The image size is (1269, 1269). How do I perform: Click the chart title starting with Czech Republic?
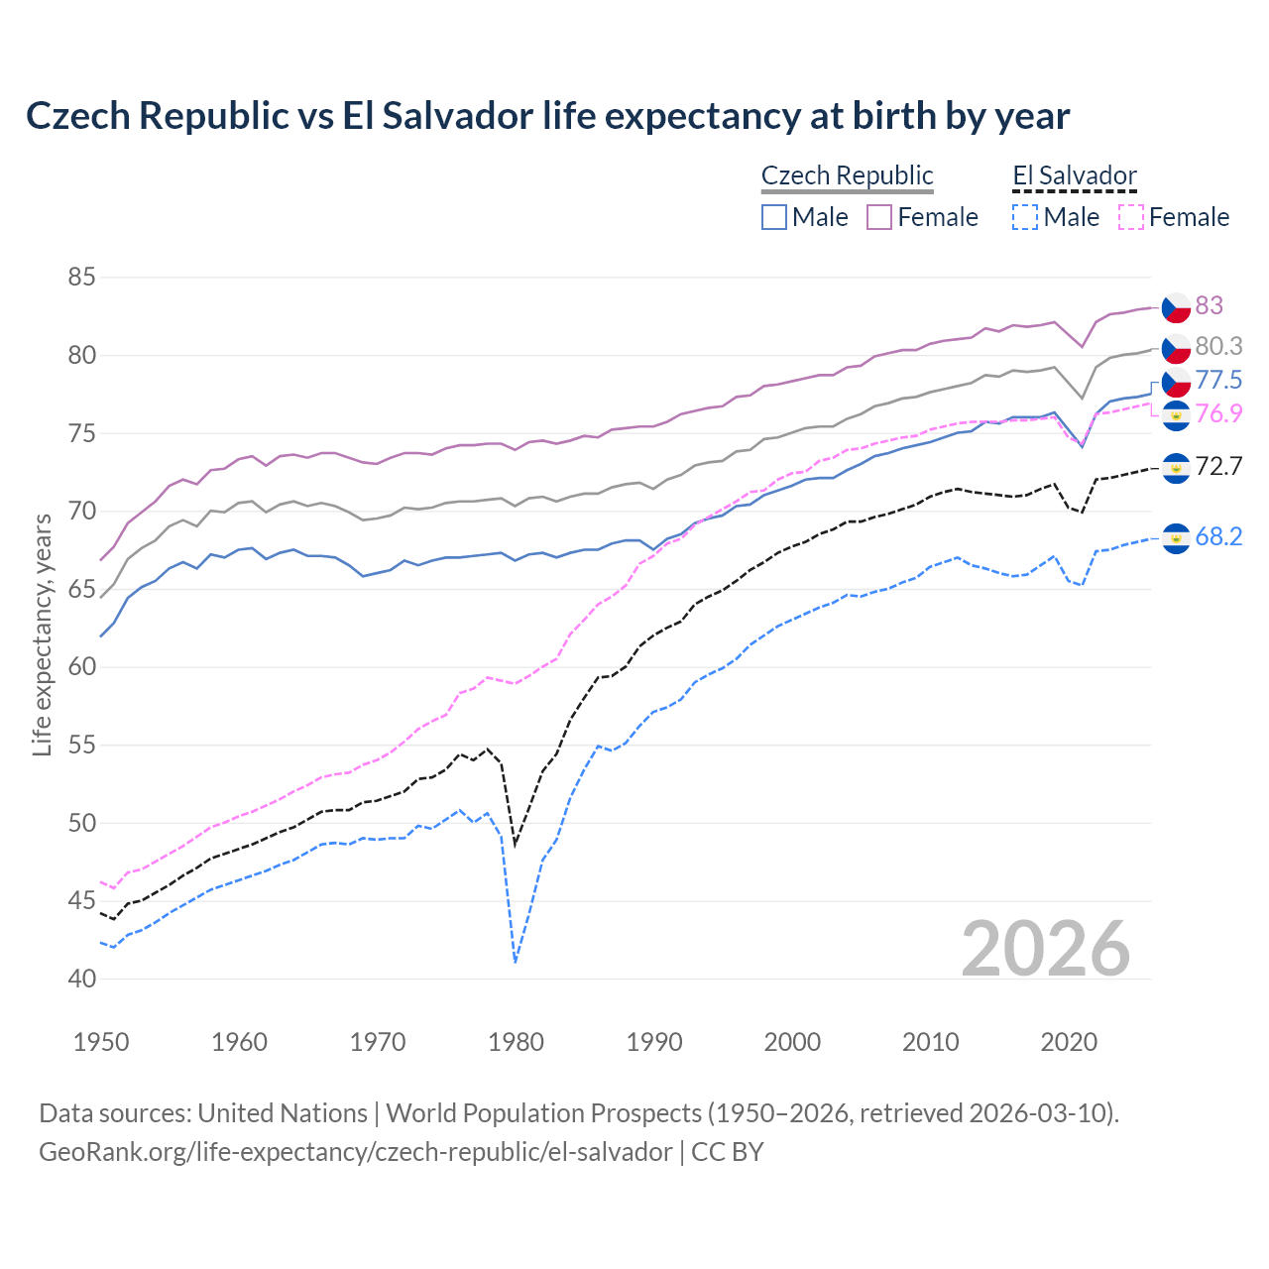pyautogui.click(x=547, y=116)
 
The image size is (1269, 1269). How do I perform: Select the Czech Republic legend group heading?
pyautogui.click(x=847, y=175)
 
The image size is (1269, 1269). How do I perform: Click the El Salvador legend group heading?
pyautogui.click(x=1074, y=175)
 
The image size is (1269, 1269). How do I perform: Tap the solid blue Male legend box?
pyautogui.click(x=774, y=217)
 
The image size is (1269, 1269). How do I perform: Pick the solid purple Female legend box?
pyautogui.click(x=879, y=217)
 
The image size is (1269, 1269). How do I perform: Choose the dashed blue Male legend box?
pyautogui.click(x=1025, y=217)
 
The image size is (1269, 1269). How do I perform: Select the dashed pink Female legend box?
pyautogui.click(x=1131, y=217)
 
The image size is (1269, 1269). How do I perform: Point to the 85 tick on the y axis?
pyautogui.click(x=81, y=277)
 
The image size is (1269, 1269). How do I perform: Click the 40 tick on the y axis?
pyautogui.click(x=81, y=979)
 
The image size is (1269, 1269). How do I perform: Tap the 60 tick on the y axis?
pyautogui.click(x=81, y=666)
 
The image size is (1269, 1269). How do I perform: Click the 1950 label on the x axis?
pyautogui.click(x=101, y=1042)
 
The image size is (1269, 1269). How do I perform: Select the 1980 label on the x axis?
pyautogui.click(x=516, y=1042)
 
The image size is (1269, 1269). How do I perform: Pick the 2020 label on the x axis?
pyautogui.click(x=1069, y=1042)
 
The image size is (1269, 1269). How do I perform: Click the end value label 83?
pyautogui.click(x=1209, y=305)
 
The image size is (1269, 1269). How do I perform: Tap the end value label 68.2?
pyautogui.click(x=1218, y=536)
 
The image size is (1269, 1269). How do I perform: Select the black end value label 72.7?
pyautogui.click(x=1218, y=466)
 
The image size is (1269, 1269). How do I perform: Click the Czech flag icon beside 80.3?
pyautogui.click(x=1176, y=348)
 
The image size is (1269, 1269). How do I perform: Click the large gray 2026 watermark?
pyautogui.click(x=1046, y=949)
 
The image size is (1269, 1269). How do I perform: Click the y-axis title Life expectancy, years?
pyautogui.click(x=42, y=634)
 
